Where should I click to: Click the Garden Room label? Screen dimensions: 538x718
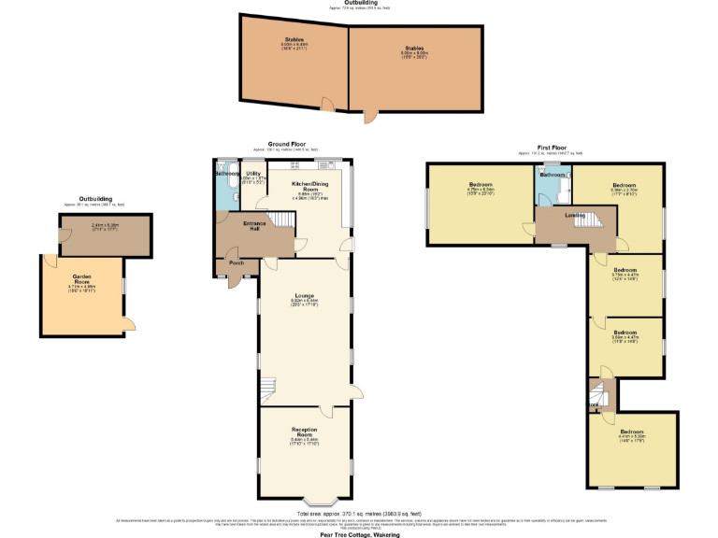[x=80, y=276]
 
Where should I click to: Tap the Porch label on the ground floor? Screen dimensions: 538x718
[x=237, y=262]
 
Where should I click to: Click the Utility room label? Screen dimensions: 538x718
[x=253, y=174]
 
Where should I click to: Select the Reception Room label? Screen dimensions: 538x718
[x=305, y=432]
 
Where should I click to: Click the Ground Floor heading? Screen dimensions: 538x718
[x=286, y=145]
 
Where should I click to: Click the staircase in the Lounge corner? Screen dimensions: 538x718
[x=269, y=386]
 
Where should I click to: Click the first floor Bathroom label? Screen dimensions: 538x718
[x=552, y=175]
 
